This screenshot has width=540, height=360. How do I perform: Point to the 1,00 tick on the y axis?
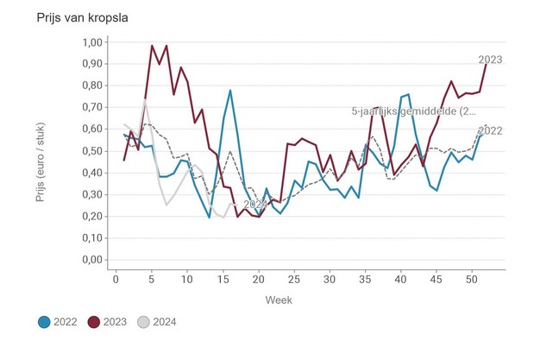tap(91, 42)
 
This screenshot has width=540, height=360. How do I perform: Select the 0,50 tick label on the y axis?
tap(91, 151)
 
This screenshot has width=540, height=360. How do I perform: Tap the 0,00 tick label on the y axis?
tap(91, 260)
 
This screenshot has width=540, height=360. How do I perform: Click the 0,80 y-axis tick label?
tap(91, 85)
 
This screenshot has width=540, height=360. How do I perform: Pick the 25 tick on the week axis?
tap(294, 279)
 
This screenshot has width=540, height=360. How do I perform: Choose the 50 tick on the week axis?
tap(472, 279)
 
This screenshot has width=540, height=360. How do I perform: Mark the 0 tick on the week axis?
tap(116, 279)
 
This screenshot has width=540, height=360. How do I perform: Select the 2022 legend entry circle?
tap(43, 322)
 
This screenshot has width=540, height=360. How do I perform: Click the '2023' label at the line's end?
tap(490, 60)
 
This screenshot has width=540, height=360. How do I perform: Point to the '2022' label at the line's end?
tap(490, 130)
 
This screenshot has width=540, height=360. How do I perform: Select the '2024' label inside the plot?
tap(255, 205)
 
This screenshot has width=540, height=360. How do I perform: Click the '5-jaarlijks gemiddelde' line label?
tap(413, 111)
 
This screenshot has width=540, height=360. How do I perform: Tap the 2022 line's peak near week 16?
tap(230, 90)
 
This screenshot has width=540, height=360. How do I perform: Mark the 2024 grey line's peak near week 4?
tap(145, 101)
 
